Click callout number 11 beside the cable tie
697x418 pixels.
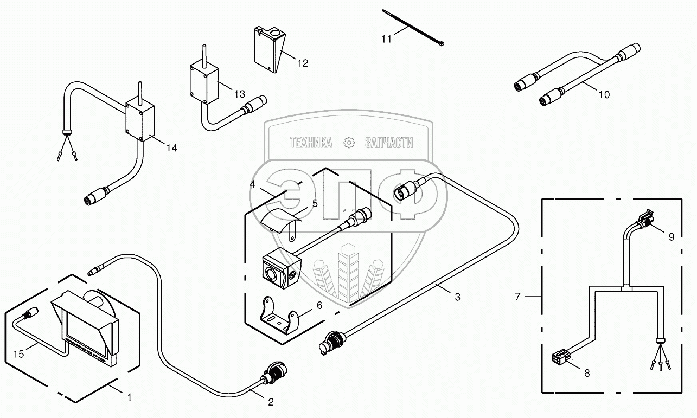pyautogui.click(x=386, y=39)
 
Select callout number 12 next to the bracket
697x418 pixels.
pyautogui.click(x=303, y=63)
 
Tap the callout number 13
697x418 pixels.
pyautogui.click(x=239, y=94)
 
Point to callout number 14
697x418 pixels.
pyautogui.click(x=171, y=147)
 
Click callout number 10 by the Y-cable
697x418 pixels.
pyautogui.click(x=604, y=94)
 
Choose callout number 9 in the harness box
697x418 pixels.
pyautogui.click(x=672, y=237)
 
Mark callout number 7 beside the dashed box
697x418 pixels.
pyautogui.click(x=517, y=296)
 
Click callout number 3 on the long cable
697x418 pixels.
pyautogui.click(x=457, y=297)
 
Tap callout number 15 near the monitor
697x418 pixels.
pyautogui.click(x=19, y=354)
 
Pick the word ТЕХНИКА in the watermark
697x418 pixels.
pyautogui.click(x=311, y=143)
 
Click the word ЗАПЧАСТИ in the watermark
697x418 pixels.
pyautogui.click(x=389, y=143)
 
